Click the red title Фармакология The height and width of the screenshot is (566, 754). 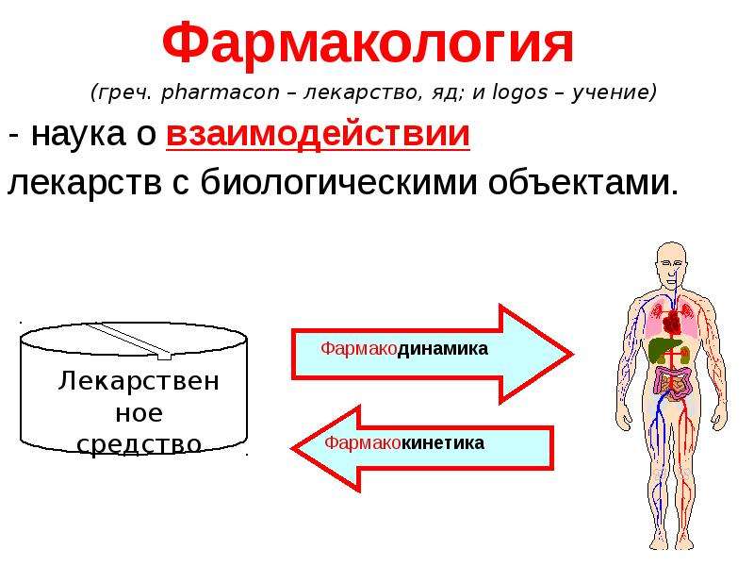(x=368, y=44)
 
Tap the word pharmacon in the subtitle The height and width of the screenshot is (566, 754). (x=221, y=92)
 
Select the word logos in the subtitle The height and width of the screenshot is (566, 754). (x=520, y=92)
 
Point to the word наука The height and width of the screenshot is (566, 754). (x=78, y=135)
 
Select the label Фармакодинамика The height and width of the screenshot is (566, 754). (x=404, y=348)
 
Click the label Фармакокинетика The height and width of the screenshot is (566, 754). (x=404, y=442)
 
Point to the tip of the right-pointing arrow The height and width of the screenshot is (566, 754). (x=573, y=355)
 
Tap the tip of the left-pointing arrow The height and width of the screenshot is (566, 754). (x=291, y=449)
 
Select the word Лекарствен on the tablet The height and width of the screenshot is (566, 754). (x=139, y=381)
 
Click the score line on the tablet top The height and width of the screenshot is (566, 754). (x=129, y=341)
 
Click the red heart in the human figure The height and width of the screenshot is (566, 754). (x=671, y=322)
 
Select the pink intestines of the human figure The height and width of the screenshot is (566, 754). (x=672, y=383)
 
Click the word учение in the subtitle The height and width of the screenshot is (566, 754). (x=614, y=92)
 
